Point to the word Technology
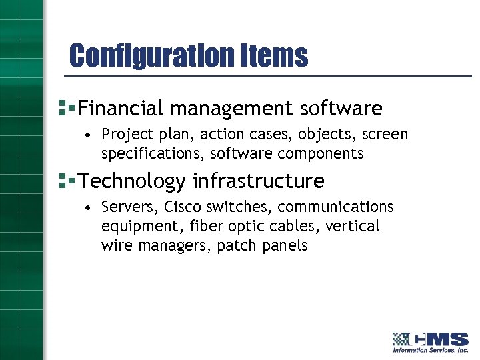point(132,181)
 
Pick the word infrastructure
point(259,181)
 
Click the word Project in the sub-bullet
point(123,135)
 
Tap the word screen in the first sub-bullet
point(384,135)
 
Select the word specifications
point(153,154)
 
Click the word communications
point(335,207)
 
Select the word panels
point(287,246)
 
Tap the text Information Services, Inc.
point(430,350)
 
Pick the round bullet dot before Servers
point(88,208)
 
